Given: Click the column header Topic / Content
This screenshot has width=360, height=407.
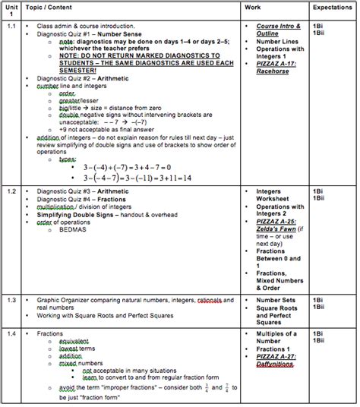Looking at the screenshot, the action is [47, 7].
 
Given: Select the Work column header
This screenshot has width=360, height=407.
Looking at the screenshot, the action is [254, 7].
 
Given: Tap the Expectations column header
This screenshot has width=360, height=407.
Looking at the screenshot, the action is [332, 7].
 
